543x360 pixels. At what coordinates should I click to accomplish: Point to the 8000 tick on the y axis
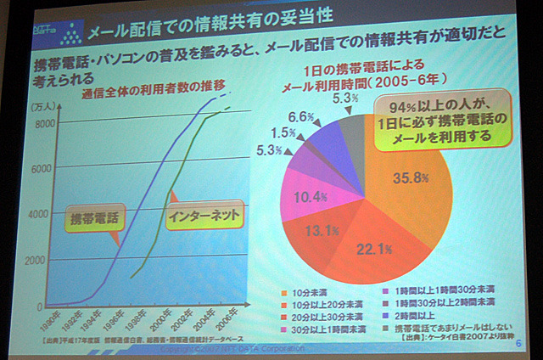[44, 123]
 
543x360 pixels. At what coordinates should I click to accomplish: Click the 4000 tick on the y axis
[43, 214]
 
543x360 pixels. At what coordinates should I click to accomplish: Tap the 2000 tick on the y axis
[43, 261]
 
